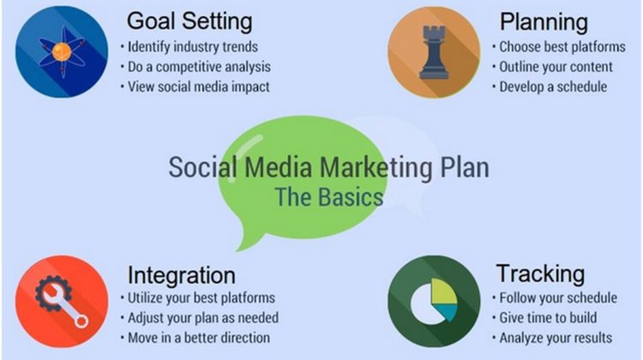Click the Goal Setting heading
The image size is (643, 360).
189,21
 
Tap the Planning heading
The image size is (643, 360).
544,22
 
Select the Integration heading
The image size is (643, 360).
181,275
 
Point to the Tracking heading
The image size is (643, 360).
540,274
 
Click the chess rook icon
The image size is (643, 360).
434,52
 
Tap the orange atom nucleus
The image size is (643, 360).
62,51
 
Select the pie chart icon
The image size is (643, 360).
434,302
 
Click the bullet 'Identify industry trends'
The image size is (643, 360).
193,47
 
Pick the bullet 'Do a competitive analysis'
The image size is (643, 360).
199,67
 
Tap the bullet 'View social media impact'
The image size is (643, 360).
199,87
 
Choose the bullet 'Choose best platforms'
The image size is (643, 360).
562,47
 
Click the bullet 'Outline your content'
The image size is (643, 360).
556,67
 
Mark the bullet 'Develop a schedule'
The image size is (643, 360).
553,87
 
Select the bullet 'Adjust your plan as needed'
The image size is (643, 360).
203,318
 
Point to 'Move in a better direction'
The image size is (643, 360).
199,338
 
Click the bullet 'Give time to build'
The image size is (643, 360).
548,318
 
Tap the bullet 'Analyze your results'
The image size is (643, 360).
556,338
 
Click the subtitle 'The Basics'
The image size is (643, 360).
329,197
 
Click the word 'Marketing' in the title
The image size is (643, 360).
376,168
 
